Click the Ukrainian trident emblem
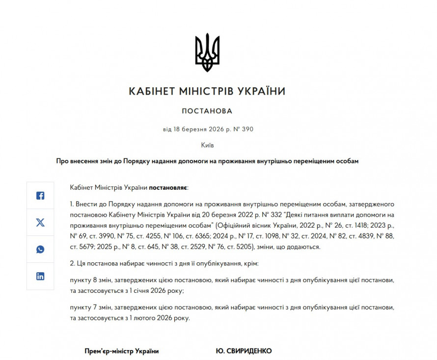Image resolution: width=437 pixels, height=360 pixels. click(x=207, y=52)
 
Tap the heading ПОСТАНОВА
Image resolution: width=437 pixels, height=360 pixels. click(x=207, y=111)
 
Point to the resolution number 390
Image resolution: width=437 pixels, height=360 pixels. click(x=247, y=129)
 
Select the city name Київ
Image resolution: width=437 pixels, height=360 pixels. click(x=207, y=146)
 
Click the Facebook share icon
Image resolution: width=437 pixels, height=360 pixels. click(x=40, y=196)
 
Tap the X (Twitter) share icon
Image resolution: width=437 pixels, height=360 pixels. click(x=40, y=223)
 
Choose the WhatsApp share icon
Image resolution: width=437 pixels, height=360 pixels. click(x=40, y=249)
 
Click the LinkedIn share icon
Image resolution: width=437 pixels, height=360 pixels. click(x=40, y=276)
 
